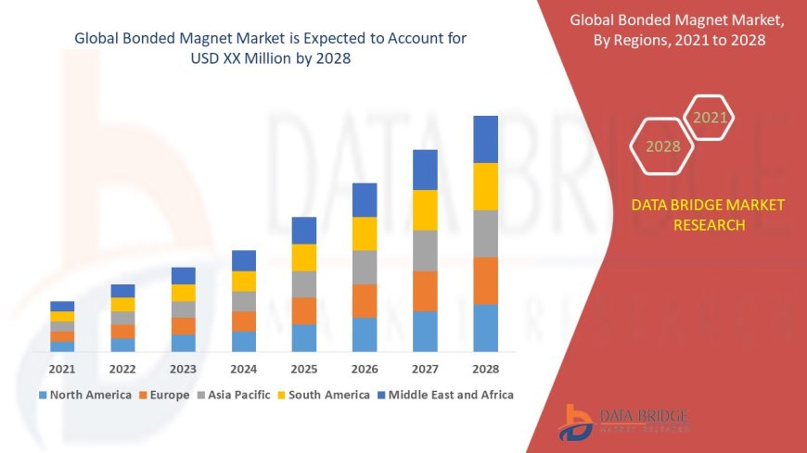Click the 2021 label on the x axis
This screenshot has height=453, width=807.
62,368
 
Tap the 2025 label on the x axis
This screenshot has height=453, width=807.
304,368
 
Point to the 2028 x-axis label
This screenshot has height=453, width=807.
485,368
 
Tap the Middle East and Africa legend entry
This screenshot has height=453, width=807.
444,395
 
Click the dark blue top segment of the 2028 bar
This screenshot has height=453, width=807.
485,139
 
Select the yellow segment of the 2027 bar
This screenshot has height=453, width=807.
425,209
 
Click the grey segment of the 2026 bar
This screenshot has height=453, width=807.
365,267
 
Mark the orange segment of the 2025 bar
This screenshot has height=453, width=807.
304,310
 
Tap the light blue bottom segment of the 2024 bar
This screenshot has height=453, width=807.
244,341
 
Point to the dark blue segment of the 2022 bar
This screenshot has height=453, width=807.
122,291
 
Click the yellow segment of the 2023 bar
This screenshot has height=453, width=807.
184,293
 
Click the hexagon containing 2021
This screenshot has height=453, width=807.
711,118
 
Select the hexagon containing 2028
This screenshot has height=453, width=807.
662,146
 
